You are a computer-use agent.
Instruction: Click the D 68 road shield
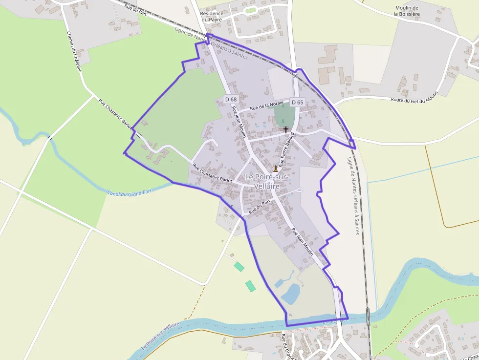231,99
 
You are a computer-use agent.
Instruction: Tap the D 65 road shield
297,102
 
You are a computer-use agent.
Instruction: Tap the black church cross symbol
286,130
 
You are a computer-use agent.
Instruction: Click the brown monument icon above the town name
276,169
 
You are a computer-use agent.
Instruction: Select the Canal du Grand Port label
129,193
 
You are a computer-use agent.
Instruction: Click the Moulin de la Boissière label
407,11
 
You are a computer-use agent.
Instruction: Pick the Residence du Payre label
211,17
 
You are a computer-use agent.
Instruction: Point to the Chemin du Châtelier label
74,52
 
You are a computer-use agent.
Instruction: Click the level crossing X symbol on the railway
295,76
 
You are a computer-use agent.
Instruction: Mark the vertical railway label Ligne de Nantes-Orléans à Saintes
353,195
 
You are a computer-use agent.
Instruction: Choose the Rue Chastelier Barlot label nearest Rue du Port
212,173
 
